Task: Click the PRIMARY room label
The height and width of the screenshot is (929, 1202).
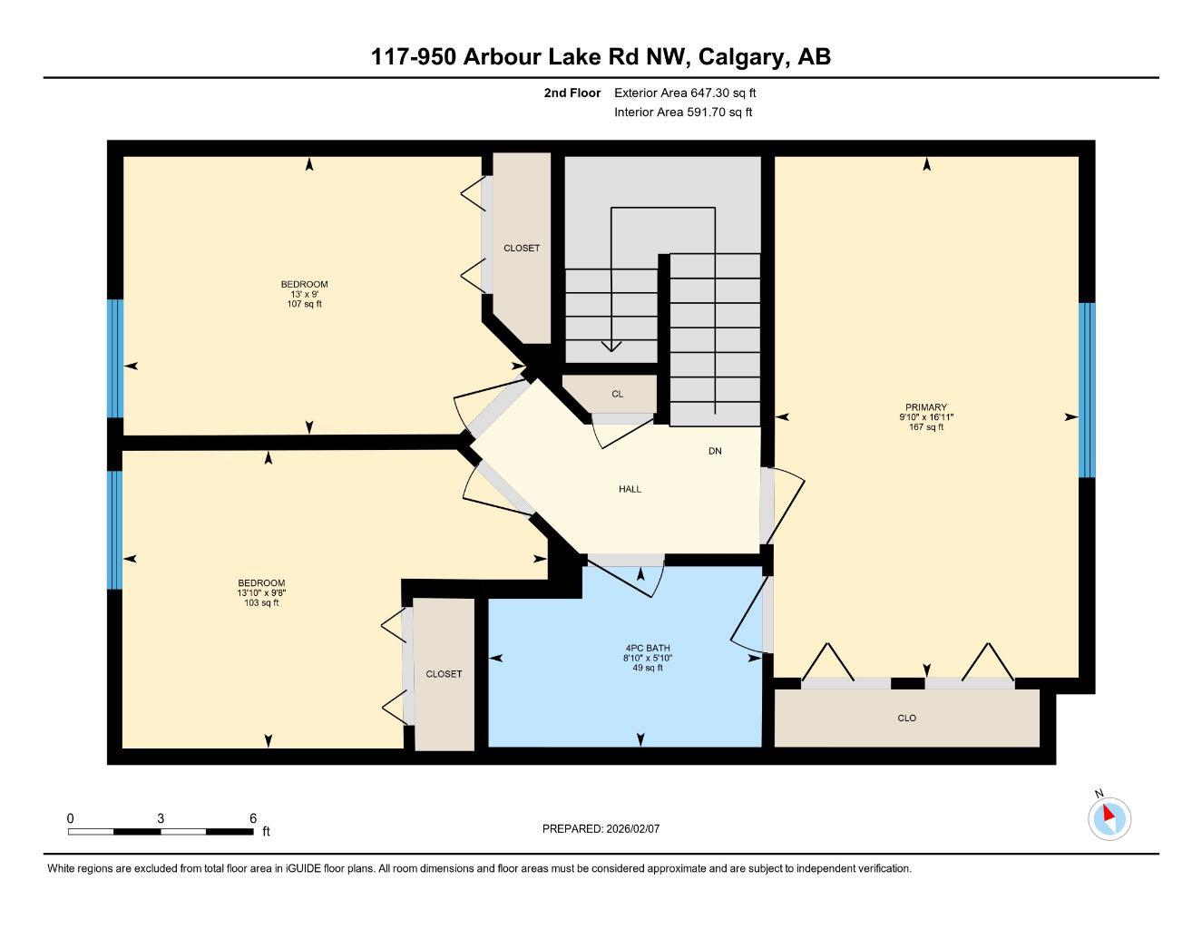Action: (926, 406)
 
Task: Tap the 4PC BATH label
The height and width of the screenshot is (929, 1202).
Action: (647, 648)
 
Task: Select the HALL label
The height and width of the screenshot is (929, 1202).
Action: (630, 489)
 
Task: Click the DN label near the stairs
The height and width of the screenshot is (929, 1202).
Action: (715, 451)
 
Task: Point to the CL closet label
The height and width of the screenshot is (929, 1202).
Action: (617, 394)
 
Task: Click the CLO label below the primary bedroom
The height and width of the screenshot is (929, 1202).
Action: (906, 718)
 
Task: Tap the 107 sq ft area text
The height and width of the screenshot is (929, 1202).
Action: (304, 304)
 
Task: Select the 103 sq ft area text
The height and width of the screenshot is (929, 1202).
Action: (261, 602)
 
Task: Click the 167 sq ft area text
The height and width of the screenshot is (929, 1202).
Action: (926, 427)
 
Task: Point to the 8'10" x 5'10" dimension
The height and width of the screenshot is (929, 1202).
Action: (647, 658)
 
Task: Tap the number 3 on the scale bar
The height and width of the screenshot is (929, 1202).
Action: (161, 817)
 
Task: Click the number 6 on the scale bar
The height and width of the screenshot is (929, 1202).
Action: (253, 817)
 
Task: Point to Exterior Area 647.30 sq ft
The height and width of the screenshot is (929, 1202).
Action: (685, 93)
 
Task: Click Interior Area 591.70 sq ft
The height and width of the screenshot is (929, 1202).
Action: (683, 112)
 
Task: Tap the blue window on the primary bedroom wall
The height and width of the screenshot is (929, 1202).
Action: (1087, 390)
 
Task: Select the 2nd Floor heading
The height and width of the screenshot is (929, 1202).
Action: (572, 93)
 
